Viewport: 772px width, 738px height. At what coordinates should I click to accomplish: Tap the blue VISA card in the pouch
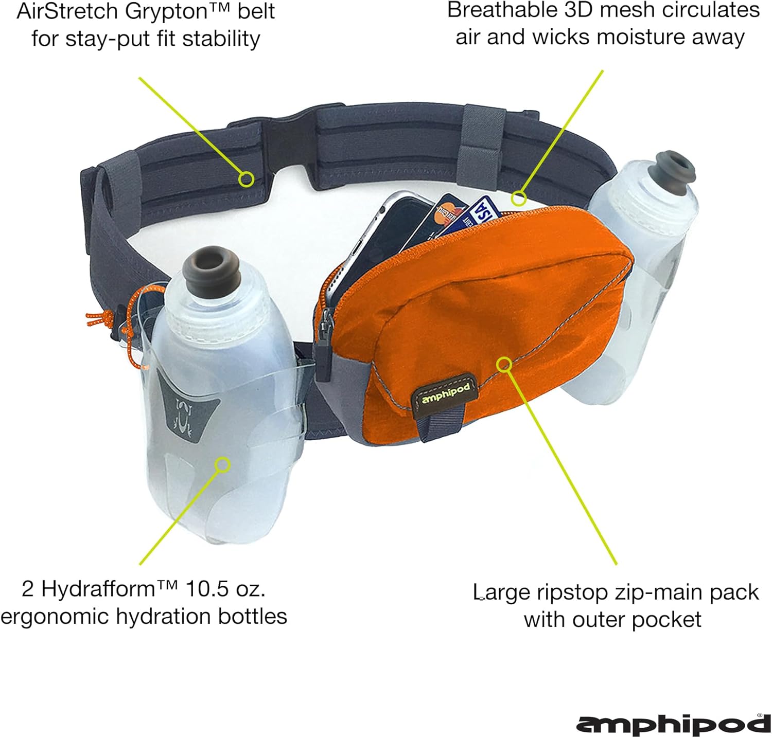tap(481, 212)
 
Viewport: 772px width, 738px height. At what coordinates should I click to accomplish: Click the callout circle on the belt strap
tap(247, 179)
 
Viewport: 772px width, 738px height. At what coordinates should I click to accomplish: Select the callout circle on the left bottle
tap(222, 465)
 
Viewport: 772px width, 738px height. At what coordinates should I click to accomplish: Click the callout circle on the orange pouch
tap(504, 365)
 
